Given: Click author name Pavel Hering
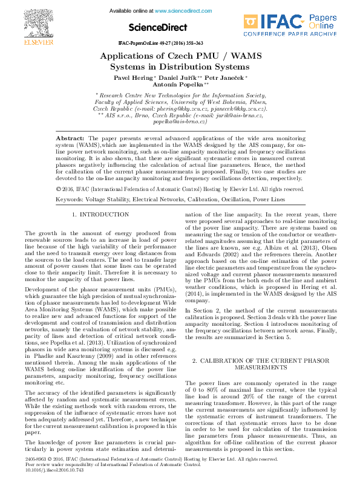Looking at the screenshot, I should [x=134, y=79].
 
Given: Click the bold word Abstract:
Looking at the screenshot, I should [x=70, y=138].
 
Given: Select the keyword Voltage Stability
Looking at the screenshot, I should [x=111, y=182].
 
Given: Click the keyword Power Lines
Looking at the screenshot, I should [x=269, y=182].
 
